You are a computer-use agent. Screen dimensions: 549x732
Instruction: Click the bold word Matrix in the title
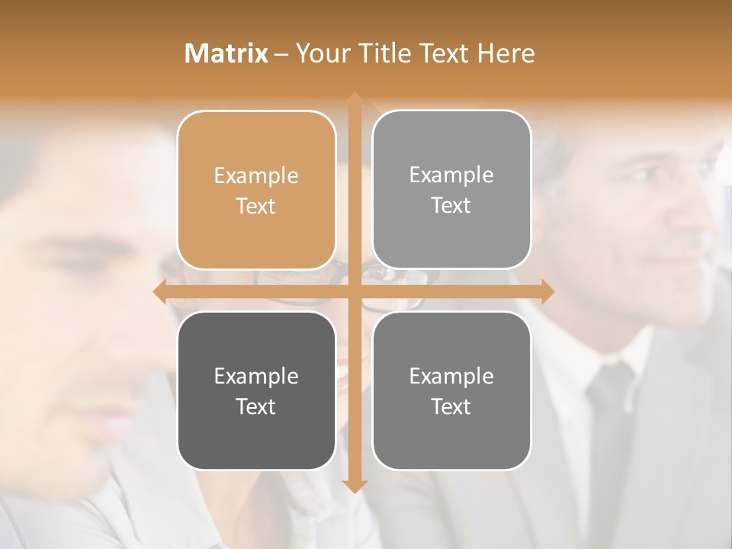[x=226, y=53]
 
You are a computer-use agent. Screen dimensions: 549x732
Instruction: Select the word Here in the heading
[x=506, y=53]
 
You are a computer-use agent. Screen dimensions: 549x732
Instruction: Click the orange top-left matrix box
[x=256, y=190]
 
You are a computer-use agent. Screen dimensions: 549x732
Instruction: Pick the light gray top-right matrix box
[x=451, y=190]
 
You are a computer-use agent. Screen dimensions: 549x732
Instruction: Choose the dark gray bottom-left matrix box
[x=256, y=390]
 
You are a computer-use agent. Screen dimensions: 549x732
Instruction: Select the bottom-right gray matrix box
[x=451, y=390]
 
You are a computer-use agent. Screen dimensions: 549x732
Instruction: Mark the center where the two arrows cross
[x=354, y=291]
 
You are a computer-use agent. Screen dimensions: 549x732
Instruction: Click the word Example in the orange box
[x=256, y=175]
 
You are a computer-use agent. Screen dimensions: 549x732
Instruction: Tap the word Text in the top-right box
[x=451, y=206]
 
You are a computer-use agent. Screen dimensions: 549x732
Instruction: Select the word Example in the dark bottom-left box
[x=256, y=376]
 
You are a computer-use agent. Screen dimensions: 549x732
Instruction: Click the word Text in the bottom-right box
[x=451, y=406]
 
